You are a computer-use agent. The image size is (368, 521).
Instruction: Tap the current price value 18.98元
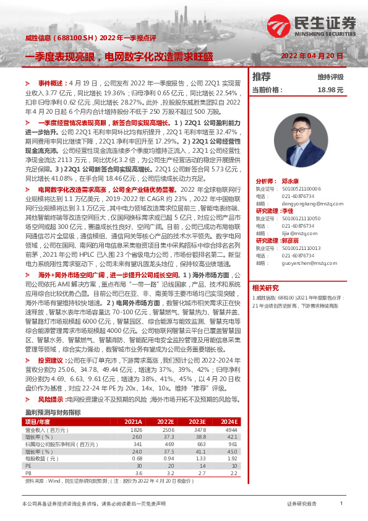[x=330, y=90]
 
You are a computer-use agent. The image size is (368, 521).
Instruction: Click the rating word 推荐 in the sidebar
[x=262, y=77]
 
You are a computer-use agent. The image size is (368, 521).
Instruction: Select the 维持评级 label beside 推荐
[x=330, y=77]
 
